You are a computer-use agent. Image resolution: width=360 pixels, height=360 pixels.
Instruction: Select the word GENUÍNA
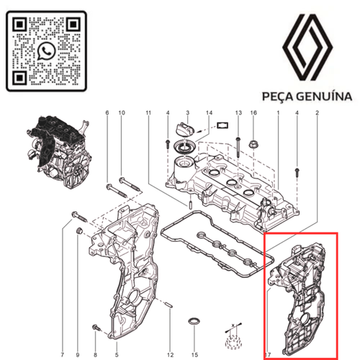click(325, 96)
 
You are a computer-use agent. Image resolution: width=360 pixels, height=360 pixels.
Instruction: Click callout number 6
click(107, 113)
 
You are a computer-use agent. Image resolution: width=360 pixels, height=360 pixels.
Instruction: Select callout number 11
click(148, 113)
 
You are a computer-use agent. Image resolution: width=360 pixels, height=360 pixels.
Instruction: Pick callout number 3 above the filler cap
click(188, 113)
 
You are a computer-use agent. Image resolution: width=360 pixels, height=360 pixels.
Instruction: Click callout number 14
click(209, 113)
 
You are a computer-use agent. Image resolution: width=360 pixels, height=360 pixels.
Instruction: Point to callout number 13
click(238, 113)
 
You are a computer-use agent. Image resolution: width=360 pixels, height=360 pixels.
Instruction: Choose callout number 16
click(253, 113)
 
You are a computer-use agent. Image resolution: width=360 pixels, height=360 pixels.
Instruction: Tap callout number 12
click(170, 334)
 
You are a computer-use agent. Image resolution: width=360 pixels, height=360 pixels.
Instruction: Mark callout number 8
click(94, 334)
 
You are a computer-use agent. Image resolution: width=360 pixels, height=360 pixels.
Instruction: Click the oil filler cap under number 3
click(185, 130)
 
